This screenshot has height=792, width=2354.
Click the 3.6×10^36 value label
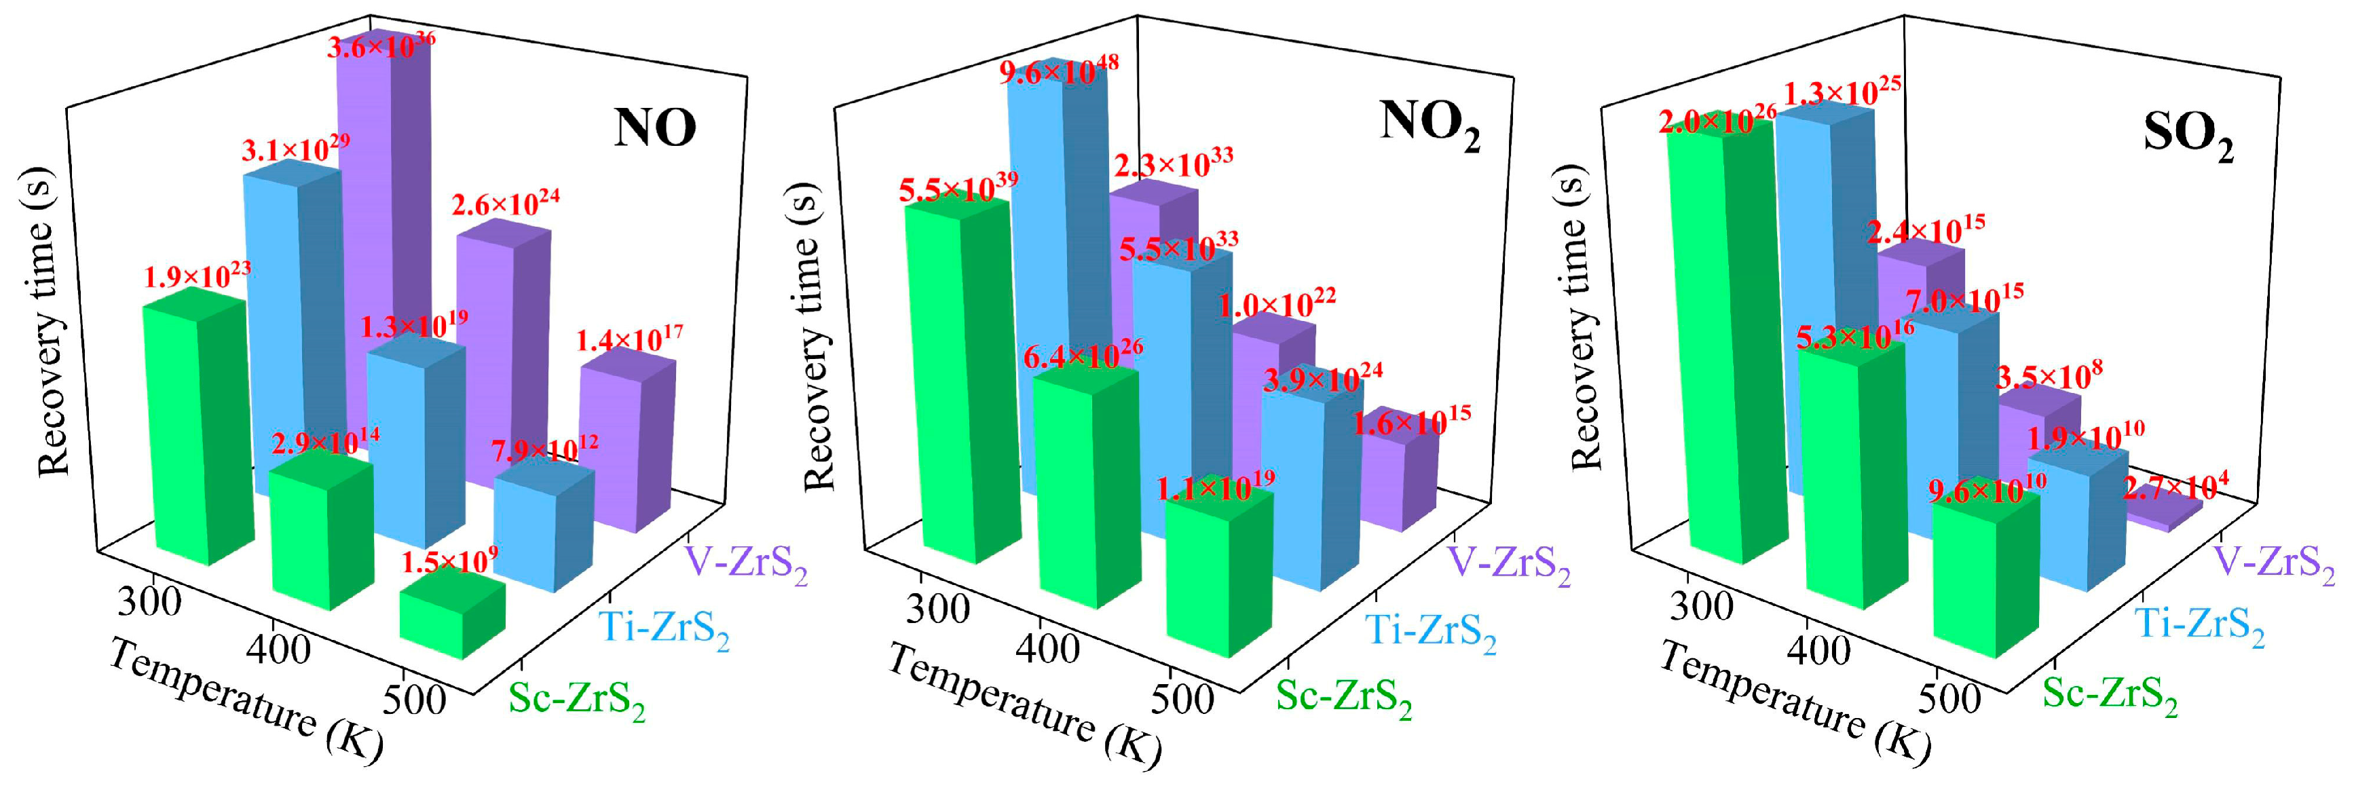(x=380, y=43)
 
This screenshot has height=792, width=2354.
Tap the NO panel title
(x=654, y=129)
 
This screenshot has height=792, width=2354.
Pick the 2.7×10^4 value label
(x=2169, y=486)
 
